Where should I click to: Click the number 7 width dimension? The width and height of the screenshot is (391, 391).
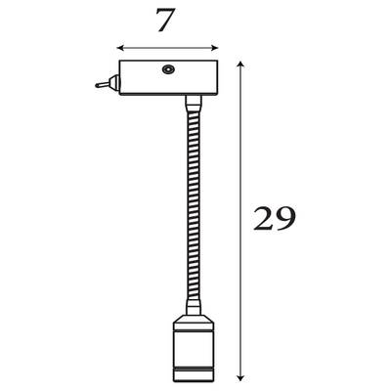pyautogui.click(x=166, y=20)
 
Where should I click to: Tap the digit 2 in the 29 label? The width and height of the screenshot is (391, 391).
pyautogui.click(x=264, y=219)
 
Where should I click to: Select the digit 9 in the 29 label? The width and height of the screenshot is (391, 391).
pyautogui.click(x=285, y=219)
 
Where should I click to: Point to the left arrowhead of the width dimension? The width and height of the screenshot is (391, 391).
pyautogui.click(x=120, y=48)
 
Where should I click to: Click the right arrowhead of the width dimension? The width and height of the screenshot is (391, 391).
pyautogui.click(x=214, y=48)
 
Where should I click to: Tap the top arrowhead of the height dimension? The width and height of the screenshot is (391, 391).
pyautogui.click(x=240, y=65)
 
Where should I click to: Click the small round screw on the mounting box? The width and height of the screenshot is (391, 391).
pyautogui.click(x=167, y=69)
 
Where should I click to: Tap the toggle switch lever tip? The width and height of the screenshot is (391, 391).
pyautogui.click(x=97, y=86)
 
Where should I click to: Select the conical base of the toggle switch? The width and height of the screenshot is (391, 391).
pyautogui.click(x=114, y=83)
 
